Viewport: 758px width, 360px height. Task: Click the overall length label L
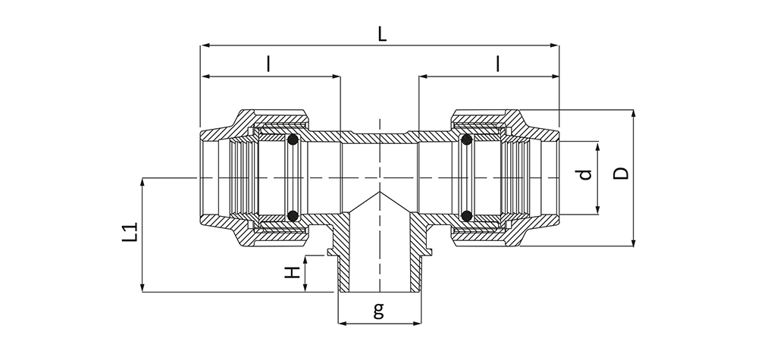[382, 34]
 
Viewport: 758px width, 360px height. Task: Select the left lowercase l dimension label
[268, 64]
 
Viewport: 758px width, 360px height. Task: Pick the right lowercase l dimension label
[497, 64]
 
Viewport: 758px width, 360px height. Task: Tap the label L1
[130, 232]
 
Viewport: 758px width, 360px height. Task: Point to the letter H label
[292, 274]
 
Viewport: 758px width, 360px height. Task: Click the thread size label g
[378, 310]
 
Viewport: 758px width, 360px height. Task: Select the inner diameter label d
[585, 174]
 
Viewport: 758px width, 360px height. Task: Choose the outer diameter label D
[622, 174]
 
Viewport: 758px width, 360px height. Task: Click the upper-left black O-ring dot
[292, 140]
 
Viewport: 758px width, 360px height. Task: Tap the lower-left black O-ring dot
[292, 215]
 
